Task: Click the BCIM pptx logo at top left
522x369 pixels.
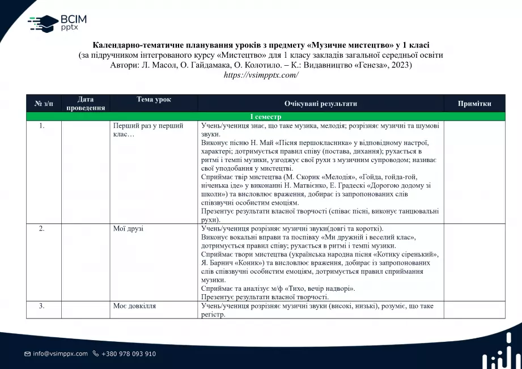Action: (x=57, y=23)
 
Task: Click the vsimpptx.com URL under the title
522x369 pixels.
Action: (x=261, y=75)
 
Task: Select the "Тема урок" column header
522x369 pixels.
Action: (x=154, y=100)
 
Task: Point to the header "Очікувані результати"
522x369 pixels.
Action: (x=321, y=104)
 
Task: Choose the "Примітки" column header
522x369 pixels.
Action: (x=474, y=104)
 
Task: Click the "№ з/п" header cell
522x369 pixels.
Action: (x=44, y=104)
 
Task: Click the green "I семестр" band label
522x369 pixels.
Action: (x=266, y=117)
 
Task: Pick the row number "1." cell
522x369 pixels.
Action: (x=42, y=126)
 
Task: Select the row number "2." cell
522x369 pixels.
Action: (x=42, y=228)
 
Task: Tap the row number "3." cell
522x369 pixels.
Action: (x=42, y=306)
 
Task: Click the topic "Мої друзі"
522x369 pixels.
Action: (x=129, y=228)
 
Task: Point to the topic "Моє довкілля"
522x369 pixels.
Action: (x=135, y=306)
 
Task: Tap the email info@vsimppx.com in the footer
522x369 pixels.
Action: (x=60, y=354)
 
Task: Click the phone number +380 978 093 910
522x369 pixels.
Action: (x=129, y=354)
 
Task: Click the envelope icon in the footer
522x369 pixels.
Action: (x=27, y=354)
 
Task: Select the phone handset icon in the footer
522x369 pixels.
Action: (x=95, y=354)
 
